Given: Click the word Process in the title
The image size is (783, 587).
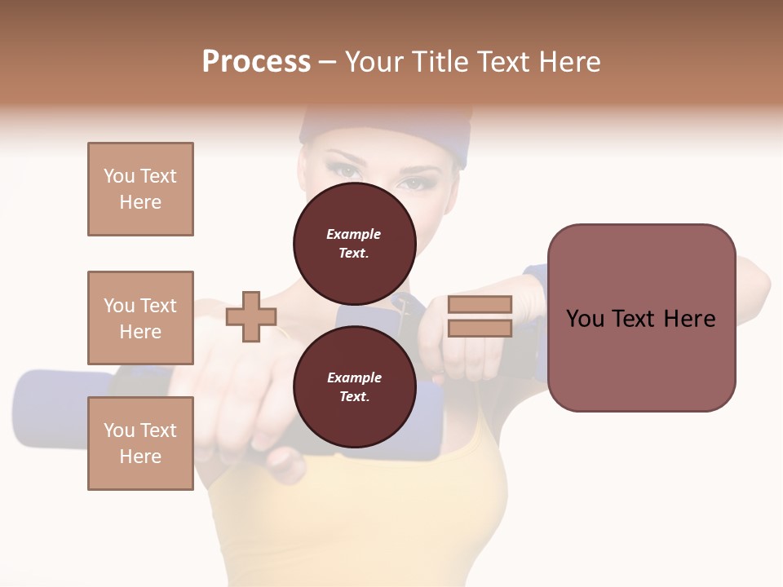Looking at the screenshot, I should coord(256,62).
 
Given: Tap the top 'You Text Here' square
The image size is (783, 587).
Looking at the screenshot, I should coord(140,189).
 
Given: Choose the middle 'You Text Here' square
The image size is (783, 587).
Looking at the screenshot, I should coord(140,318).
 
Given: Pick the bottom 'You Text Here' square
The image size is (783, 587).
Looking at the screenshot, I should coord(140,444).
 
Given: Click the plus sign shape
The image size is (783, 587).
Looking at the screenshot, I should coord(251,316).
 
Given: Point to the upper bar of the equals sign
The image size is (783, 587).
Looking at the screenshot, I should coord(480,305).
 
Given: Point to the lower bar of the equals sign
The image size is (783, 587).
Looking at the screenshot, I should coord(480,329).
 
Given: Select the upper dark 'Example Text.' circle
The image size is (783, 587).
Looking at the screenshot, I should coord(354,243).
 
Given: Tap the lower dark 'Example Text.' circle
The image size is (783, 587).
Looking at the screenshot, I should coord(354,386).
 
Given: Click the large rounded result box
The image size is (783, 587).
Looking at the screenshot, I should coord(641,318).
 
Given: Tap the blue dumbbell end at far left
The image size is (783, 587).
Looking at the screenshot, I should coord(49,408).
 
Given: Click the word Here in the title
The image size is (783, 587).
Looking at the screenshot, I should coord(568,62).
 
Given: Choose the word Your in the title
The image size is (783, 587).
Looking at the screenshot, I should coord(373,62).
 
